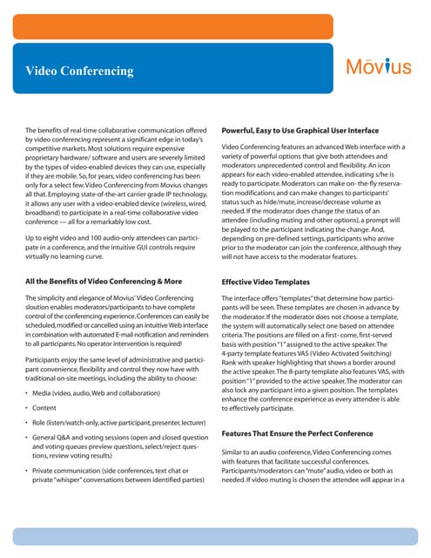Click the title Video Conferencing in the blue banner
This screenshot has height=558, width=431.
pyautogui.click(x=79, y=71)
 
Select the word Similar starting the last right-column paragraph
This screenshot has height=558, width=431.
pyautogui.click(x=235, y=453)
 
